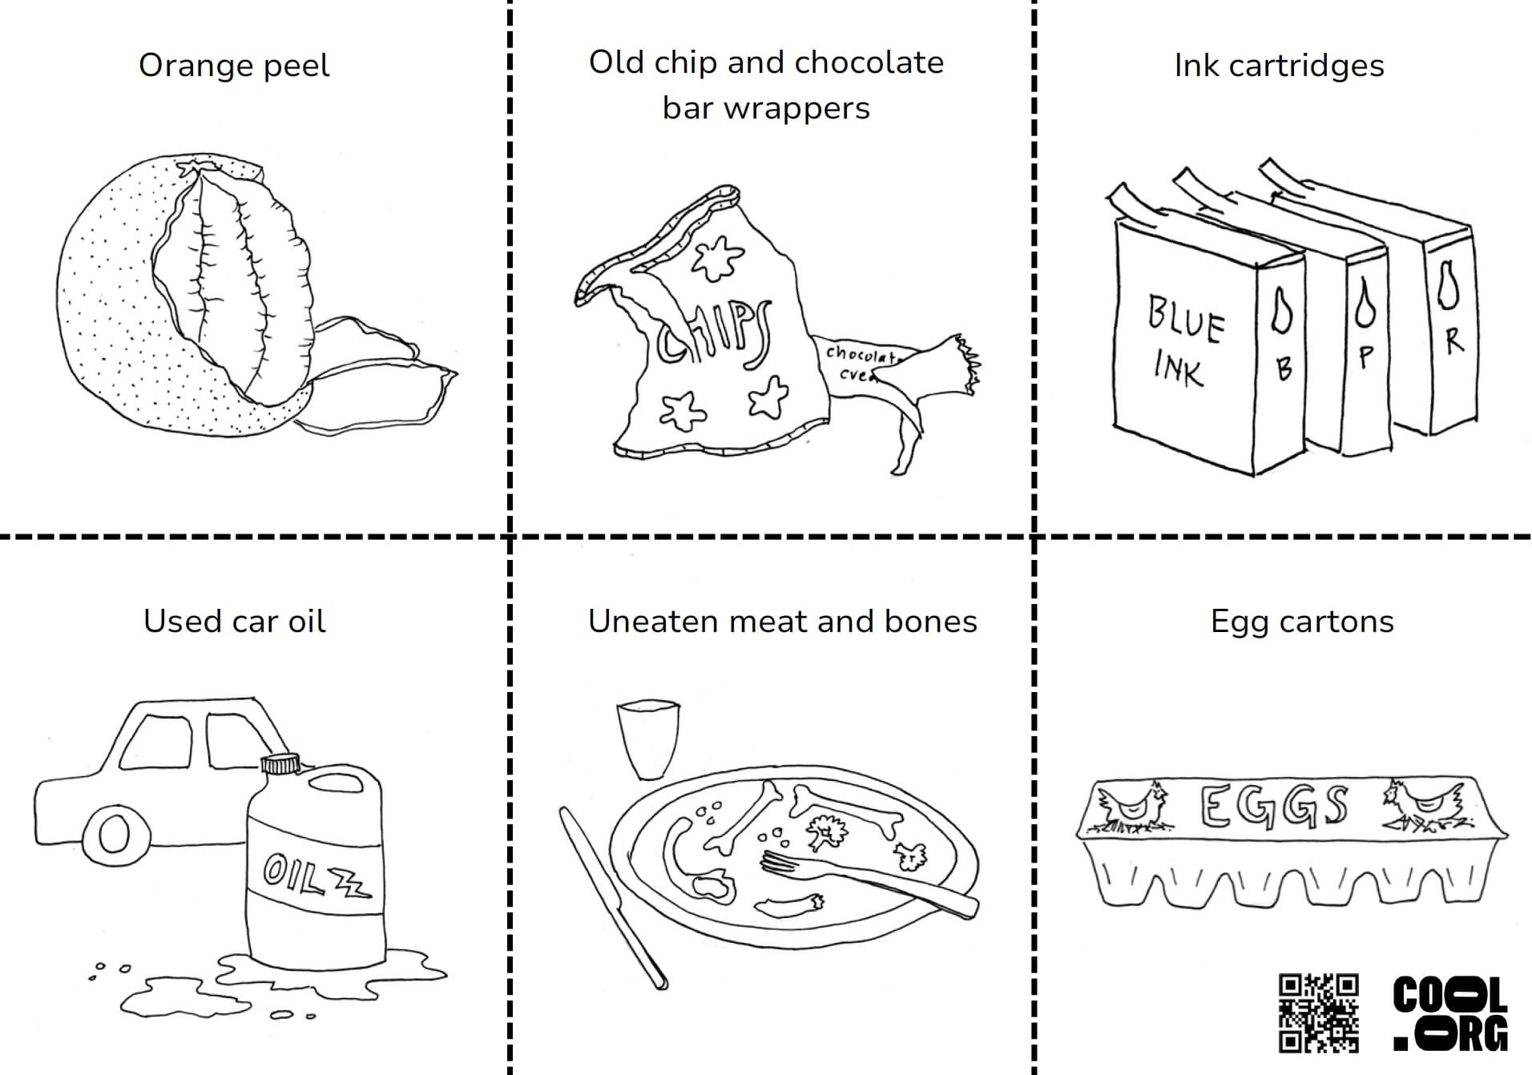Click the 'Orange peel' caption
point(234,66)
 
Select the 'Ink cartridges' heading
point(1279,66)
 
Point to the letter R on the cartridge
point(1453,340)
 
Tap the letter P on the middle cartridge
point(1366,356)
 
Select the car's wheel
point(114,835)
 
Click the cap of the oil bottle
point(280,763)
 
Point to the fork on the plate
point(865,881)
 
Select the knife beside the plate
point(612,897)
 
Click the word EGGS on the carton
point(1274,806)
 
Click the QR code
point(1318,1013)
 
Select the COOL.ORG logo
point(1450,1013)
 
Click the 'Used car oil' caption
point(234,622)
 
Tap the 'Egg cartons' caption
point(1301,622)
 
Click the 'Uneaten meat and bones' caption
point(782,622)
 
